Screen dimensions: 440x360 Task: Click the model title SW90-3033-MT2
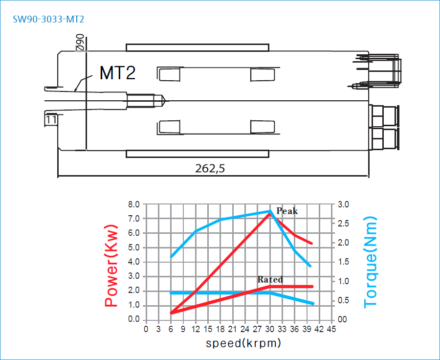coord(48,19)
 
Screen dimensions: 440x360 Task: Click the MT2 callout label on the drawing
coord(117,73)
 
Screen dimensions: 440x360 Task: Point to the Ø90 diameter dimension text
coord(80,42)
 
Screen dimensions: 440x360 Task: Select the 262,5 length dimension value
coord(210,168)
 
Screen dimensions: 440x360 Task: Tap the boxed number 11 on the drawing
coord(51,120)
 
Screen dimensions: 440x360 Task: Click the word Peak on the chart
coord(287,211)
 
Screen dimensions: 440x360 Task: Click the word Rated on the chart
coord(270,279)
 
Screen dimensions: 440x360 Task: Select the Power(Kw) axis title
coord(111,266)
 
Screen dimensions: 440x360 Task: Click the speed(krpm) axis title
coord(243,343)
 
